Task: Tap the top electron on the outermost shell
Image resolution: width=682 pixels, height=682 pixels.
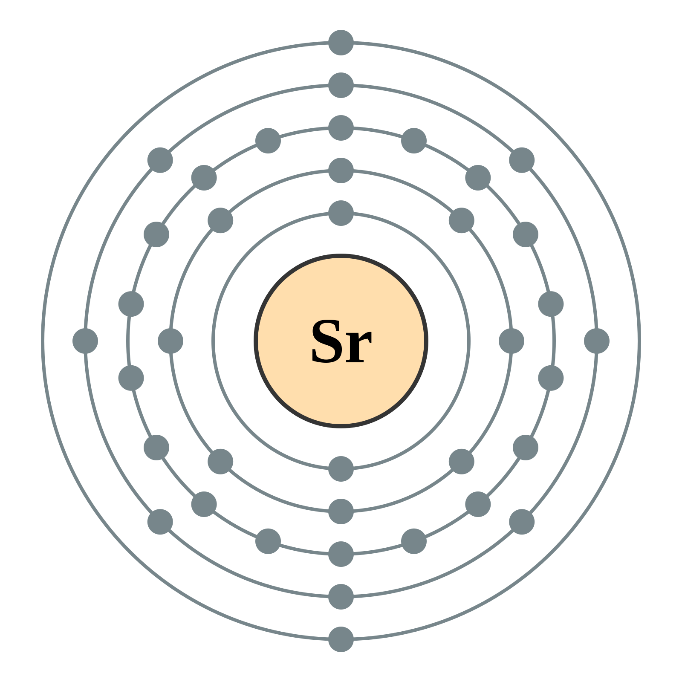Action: point(341,43)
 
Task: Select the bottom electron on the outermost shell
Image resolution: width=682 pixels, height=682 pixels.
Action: point(341,639)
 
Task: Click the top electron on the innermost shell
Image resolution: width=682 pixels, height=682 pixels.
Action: point(341,213)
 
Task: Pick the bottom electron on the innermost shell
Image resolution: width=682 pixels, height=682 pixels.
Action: point(341,469)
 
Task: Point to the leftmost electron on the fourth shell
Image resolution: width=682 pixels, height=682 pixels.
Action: point(85,341)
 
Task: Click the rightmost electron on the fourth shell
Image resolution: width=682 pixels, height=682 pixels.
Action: point(597,341)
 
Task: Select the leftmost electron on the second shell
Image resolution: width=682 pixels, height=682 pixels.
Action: point(170,341)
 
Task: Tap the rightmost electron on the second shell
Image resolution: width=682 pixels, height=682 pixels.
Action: point(511,341)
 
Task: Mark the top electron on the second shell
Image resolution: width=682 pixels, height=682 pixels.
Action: point(341,170)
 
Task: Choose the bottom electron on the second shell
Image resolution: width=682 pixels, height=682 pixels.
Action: point(341,511)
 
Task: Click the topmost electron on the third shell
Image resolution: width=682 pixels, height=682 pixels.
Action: point(341,128)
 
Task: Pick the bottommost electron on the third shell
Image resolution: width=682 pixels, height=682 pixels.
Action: point(341,554)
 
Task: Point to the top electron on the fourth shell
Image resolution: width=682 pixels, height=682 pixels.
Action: point(341,85)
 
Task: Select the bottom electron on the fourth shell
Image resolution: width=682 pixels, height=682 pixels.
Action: point(341,597)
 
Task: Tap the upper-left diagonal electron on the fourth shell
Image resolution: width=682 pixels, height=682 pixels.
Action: point(160,160)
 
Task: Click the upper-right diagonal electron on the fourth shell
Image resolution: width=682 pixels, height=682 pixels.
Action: point(522,160)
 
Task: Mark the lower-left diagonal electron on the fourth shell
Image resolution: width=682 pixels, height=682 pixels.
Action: point(160,522)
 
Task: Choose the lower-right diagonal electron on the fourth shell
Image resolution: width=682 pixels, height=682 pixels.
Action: point(522,522)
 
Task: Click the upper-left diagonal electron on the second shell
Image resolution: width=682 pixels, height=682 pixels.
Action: point(220,220)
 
